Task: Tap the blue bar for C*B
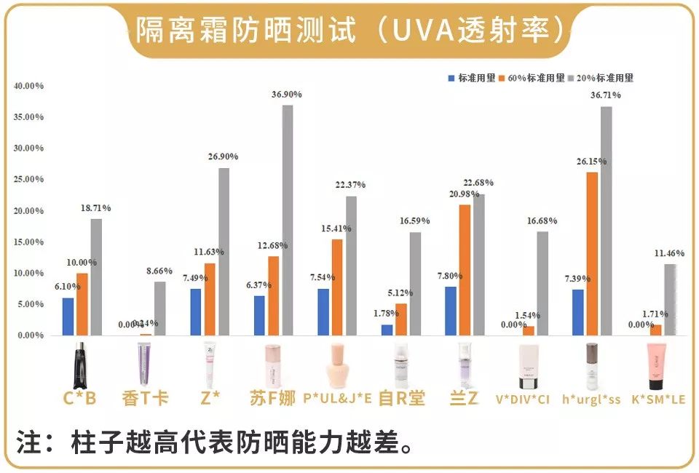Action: pyautogui.click(x=68, y=317)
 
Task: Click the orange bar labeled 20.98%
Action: pyautogui.click(x=465, y=270)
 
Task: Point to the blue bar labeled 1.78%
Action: pyautogui.click(x=387, y=330)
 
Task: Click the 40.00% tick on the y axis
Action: pyautogui.click(x=28, y=86)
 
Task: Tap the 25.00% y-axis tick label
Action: pyautogui.click(x=28, y=180)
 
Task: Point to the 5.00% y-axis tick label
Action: pyautogui.click(x=28, y=304)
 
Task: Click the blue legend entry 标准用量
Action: pyautogui.click(x=471, y=78)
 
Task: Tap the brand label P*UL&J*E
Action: pyautogui.click(x=337, y=400)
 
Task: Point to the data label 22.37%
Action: pyautogui.click(x=351, y=185)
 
